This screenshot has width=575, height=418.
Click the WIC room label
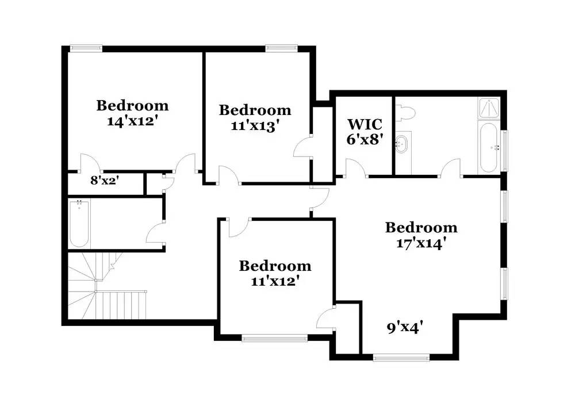pos(365,124)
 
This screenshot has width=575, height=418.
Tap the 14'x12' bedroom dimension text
pos(132,121)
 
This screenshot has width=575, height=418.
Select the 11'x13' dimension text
pos(255,126)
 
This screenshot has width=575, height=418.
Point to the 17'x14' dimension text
pos(421,243)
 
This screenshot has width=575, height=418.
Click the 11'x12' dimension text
pos(275,281)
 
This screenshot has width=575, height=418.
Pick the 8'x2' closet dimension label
pos(105,180)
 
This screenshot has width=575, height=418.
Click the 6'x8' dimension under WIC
pos(365,139)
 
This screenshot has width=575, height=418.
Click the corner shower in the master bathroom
pos(489,108)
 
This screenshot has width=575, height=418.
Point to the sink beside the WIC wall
pos(402,144)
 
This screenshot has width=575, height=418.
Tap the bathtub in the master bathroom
pos(489,147)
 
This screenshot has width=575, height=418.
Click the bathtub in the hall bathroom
pos(79,224)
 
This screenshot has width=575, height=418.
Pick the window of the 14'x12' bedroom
pos(86,47)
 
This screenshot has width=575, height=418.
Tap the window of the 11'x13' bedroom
pos(282,47)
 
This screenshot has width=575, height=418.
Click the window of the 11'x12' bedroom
pos(275,338)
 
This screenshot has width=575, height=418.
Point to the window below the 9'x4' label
pos(401,358)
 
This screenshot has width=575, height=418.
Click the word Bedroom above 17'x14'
pos(421,228)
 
